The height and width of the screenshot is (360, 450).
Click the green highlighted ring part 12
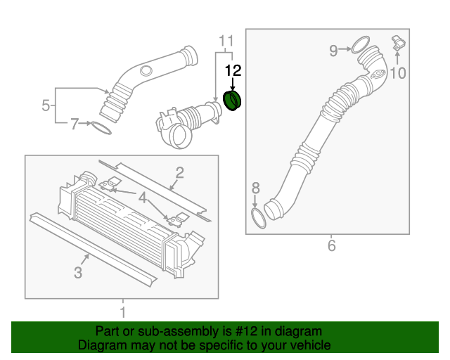point(232,100)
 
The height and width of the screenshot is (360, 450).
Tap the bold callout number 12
point(233,70)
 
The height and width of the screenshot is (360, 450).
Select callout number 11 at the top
point(224,39)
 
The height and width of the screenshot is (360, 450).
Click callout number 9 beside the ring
point(335,49)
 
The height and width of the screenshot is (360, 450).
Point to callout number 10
point(398,72)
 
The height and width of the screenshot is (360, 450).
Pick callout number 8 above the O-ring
point(255,188)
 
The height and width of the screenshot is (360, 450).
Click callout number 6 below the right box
point(331,245)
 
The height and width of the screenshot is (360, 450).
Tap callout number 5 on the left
point(46,106)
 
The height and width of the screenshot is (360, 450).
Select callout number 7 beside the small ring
point(75,124)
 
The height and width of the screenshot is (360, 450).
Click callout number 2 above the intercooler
point(180,172)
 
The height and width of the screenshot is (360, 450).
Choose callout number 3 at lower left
point(79,271)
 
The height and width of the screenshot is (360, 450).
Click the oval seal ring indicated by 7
point(101,129)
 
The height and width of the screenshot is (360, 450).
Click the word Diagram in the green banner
point(102,345)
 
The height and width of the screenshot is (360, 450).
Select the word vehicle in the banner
point(307,345)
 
